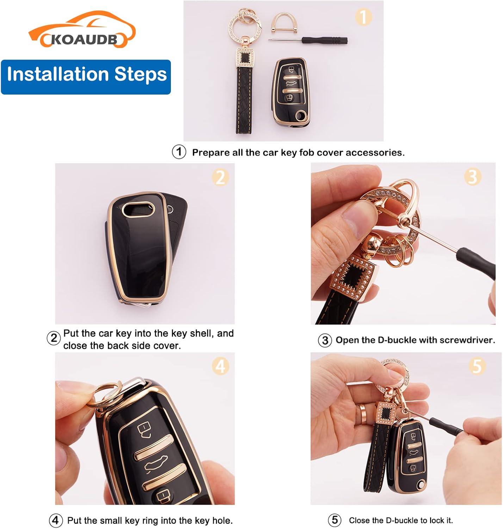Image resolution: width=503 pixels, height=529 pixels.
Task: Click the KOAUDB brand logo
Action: pyautogui.click(x=82, y=30)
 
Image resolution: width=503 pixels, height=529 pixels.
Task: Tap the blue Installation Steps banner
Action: pyautogui.click(x=86, y=77)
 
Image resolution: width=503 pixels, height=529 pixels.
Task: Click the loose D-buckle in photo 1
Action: pyautogui.click(x=284, y=23)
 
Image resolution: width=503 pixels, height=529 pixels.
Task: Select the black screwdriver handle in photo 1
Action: pyautogui.click(x=324, y=41)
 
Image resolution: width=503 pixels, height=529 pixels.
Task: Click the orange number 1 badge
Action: pyautogui.click(x=364, y=17)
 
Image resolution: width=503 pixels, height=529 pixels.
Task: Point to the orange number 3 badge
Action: pyautogui.click(x=473, y=177)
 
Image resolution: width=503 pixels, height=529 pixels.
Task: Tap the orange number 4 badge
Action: pyautogui.click(x=220, y=366)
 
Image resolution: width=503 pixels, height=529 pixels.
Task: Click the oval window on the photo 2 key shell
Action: pyautogui.click(x=138, y=209)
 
